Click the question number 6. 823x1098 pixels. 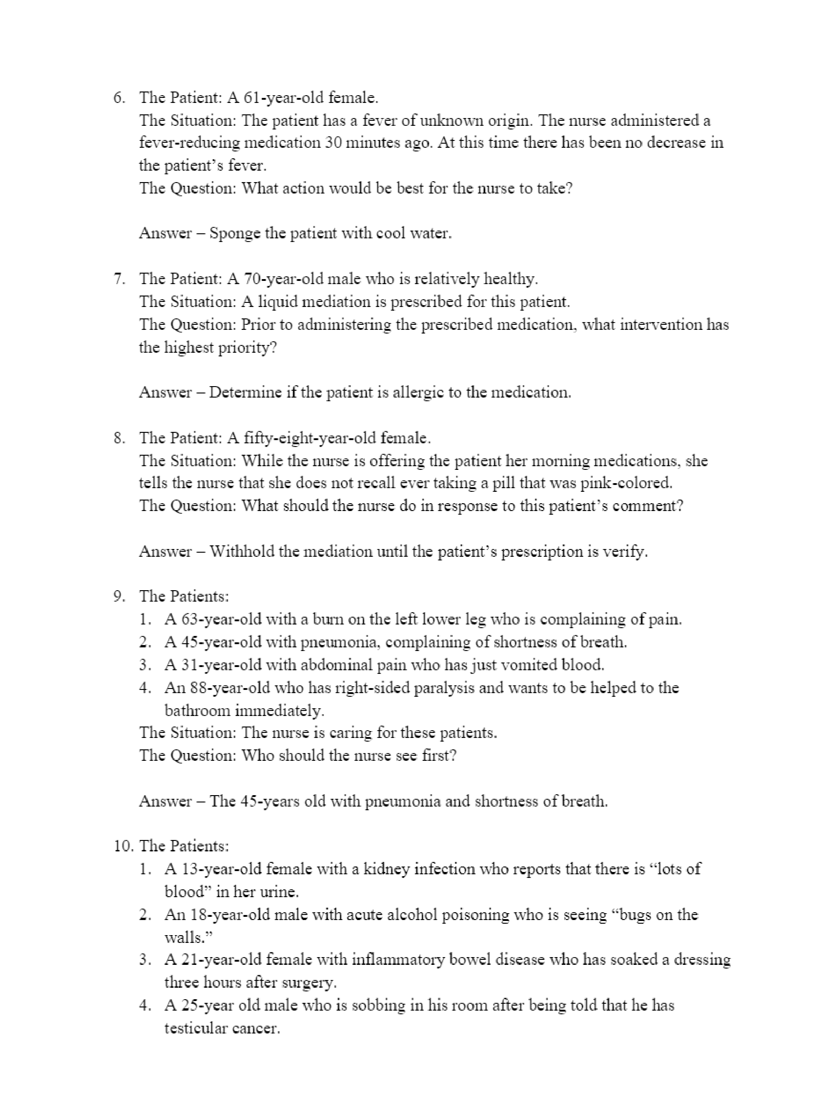click(119, 98)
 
